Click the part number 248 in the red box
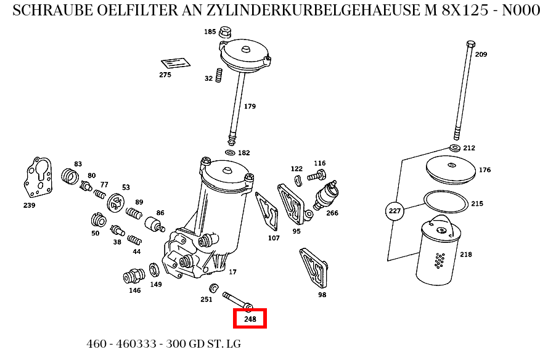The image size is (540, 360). coord(250,319)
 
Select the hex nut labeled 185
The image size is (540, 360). coord(226,31)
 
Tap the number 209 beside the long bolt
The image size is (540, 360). coord(481,54)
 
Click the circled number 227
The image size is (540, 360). coord(395,211)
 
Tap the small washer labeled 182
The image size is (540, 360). coord(230,152)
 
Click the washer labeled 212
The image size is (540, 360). coord(454,148)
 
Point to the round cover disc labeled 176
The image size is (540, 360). coord(451,169)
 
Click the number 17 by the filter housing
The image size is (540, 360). coord(232,272)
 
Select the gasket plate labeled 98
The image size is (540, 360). coord(313,268)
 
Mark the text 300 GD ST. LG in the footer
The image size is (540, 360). coord(203,344)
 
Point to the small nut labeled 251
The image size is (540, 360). coord(213,288)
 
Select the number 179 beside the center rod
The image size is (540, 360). coord(250,107)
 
